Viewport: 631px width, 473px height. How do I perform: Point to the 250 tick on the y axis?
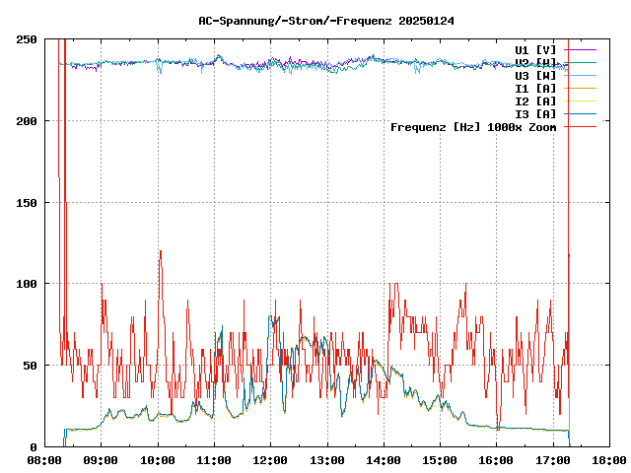coord(27,39)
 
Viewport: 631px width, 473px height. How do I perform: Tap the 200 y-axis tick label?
coord(27,121)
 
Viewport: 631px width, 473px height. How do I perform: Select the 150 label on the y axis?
coord(27,202)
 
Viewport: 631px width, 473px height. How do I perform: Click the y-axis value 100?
coord(27,284)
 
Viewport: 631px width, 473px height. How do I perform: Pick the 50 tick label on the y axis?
coord(30,366)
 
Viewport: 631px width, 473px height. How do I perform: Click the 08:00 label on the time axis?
coord(44,460)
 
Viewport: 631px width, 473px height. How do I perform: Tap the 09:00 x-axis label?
coord(101,460)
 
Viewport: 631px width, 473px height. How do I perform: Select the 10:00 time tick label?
coord(158,460)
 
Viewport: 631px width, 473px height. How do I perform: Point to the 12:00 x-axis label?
coord(270,460)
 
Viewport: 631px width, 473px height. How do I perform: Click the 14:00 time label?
coord(383,460)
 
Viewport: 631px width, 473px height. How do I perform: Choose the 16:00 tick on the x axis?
coord(496,460)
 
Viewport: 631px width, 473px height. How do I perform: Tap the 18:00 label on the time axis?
coord(608,460)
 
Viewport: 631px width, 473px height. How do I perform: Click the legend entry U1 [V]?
coord(535,49)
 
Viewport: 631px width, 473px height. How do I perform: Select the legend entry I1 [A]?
coord(535,88)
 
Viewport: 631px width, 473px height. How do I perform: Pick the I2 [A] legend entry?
coord(535,101)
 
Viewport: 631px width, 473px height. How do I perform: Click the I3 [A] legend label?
coord(535,113)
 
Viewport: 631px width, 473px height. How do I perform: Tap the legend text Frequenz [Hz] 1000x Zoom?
coord(473,126)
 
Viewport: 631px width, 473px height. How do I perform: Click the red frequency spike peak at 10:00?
coord(160,251)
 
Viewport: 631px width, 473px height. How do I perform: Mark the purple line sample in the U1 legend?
coord(582,49)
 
